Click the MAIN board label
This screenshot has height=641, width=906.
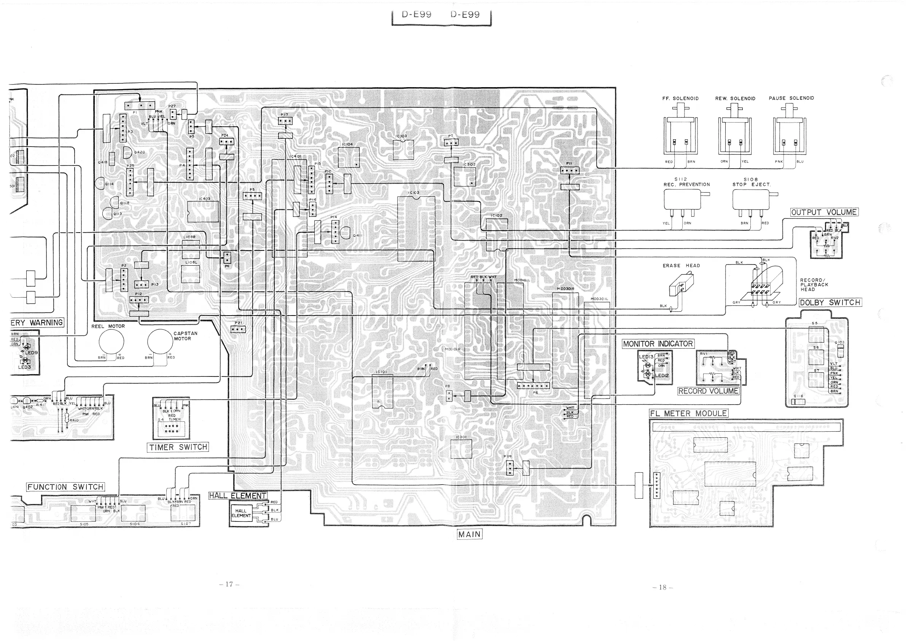(x=469, y=534)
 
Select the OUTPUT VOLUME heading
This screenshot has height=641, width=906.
(x=824, y=212)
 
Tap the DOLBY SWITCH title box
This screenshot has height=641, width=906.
(x=830, y=303)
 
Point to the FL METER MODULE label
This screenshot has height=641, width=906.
(x=689, y=414)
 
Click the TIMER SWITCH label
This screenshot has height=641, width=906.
(x=178, y=447)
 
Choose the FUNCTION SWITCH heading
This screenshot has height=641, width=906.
(x=65, y=487)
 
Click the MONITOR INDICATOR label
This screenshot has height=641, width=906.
(x=658, y=344)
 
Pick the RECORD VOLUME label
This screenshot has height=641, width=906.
(x=708, y=391)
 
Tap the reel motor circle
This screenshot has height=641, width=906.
(x=111, y=342)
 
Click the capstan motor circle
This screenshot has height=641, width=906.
(x=160, y=342)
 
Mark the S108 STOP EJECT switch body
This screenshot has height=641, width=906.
(x=750, y=200)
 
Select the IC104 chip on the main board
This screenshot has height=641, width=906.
(x=349, y=157)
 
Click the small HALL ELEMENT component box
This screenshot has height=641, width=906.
(x=241, y=513)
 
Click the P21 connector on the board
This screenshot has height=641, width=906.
(x=238, y=329)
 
